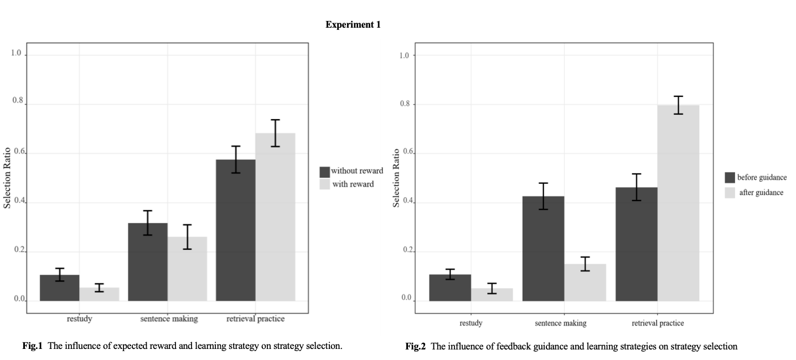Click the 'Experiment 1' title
[353, 25]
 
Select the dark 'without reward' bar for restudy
[60, 288]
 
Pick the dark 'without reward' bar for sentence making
[148, 262]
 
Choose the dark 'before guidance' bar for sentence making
[543, 249]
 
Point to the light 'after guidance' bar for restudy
[492, 295]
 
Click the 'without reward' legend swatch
[324, 172]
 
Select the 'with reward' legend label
[353, 184]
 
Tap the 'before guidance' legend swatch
[730, 178]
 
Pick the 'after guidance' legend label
[761, 193]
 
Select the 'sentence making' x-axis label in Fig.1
[168, 319]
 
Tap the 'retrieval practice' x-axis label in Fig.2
[658, 323]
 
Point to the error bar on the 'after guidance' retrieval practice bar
[678, 105]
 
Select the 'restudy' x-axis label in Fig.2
[471, 323]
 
